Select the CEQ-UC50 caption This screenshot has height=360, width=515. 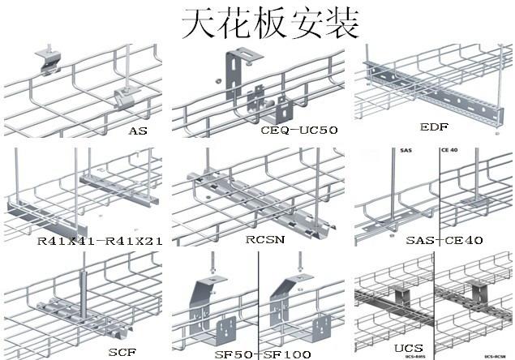299,130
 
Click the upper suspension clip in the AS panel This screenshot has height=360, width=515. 48,60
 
